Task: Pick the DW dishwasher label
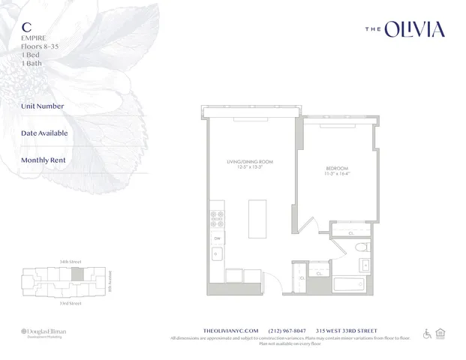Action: (x=216, y=238)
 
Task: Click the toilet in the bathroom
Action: (x=360, y=246)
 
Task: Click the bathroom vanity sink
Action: (x=365, y=263)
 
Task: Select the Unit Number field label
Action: (x=43, y=106)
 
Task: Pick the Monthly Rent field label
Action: (x=44, y=160)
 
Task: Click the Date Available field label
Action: (x=44, y=133)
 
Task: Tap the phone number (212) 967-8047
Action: (x=287, y=330)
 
